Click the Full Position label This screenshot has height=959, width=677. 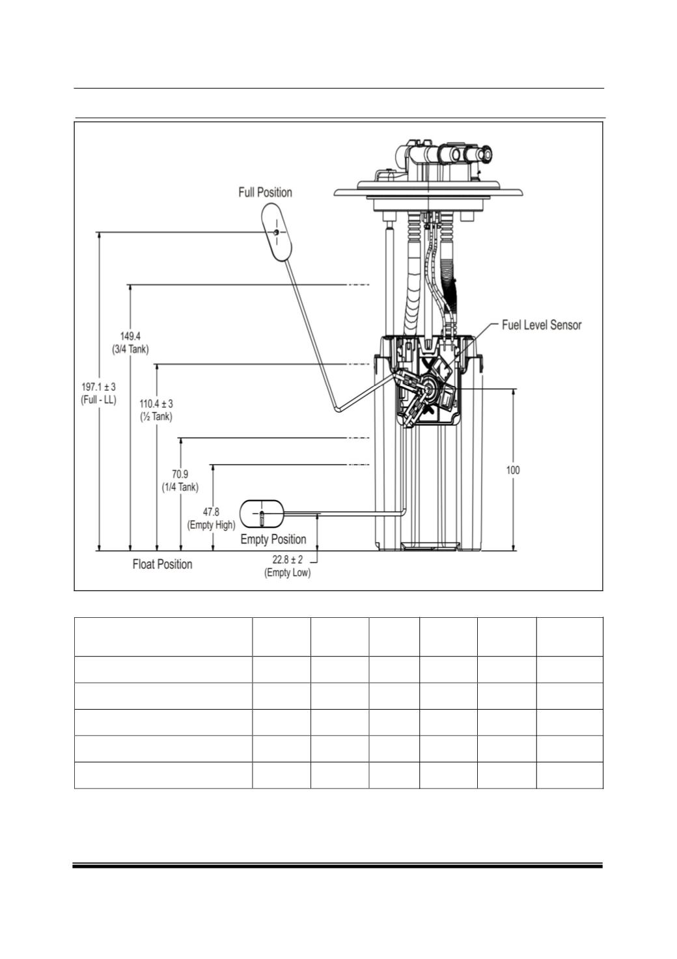265,192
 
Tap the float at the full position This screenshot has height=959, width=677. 277,232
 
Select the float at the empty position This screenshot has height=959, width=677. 261,514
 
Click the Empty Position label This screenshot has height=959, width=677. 273,539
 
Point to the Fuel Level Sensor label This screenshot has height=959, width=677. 542,325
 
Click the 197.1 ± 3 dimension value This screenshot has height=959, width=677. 98,387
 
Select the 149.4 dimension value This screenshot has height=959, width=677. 130,337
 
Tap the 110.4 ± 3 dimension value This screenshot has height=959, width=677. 156,404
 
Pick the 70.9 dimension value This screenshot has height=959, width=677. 180,475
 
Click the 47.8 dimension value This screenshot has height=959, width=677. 211,512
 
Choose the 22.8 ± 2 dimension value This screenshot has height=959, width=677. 288,559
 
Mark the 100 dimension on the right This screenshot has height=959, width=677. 513,470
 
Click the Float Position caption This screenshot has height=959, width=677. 162,564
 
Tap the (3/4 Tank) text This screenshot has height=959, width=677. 130,350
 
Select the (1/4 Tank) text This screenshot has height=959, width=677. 180,487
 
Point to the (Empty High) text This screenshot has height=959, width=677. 211,525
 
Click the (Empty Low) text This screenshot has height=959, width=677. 288,572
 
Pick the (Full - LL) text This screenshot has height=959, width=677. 98,400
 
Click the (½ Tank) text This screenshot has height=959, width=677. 156,417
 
